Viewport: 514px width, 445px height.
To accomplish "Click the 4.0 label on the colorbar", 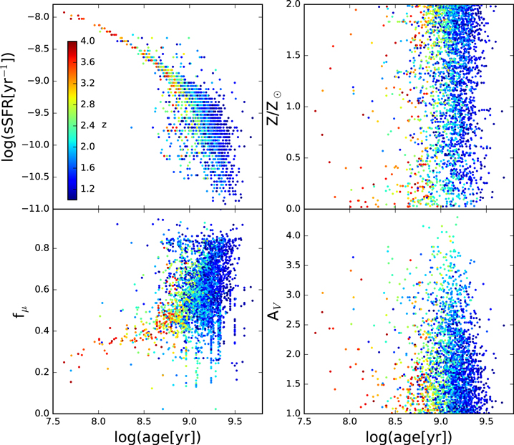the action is [x=87, y=41].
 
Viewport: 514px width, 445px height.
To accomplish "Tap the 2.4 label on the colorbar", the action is [x=87, y=125].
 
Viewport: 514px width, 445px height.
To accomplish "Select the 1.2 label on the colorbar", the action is [x=87, y=189].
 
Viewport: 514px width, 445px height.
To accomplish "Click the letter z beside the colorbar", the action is [x=104, y=125].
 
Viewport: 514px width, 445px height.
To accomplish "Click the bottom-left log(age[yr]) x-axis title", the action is [x=157, y=436].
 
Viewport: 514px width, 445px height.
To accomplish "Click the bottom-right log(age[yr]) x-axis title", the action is [x=409, y=436].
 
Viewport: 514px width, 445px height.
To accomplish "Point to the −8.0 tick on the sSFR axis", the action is [x=38, y=17].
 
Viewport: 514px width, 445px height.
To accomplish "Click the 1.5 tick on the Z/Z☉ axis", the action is [x=294, y=55].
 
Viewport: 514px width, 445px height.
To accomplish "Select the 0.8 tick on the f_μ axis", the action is [x=42, y=248].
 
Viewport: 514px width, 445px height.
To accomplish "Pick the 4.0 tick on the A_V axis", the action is [x=294, y=235].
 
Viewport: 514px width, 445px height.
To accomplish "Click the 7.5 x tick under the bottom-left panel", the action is [x=53, y=421].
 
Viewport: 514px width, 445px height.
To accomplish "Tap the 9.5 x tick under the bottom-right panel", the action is [x=486, y=421].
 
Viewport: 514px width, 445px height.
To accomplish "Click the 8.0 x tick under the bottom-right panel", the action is [x=350, y=421].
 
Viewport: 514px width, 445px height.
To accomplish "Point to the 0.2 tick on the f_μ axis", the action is [x=42, y=372].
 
